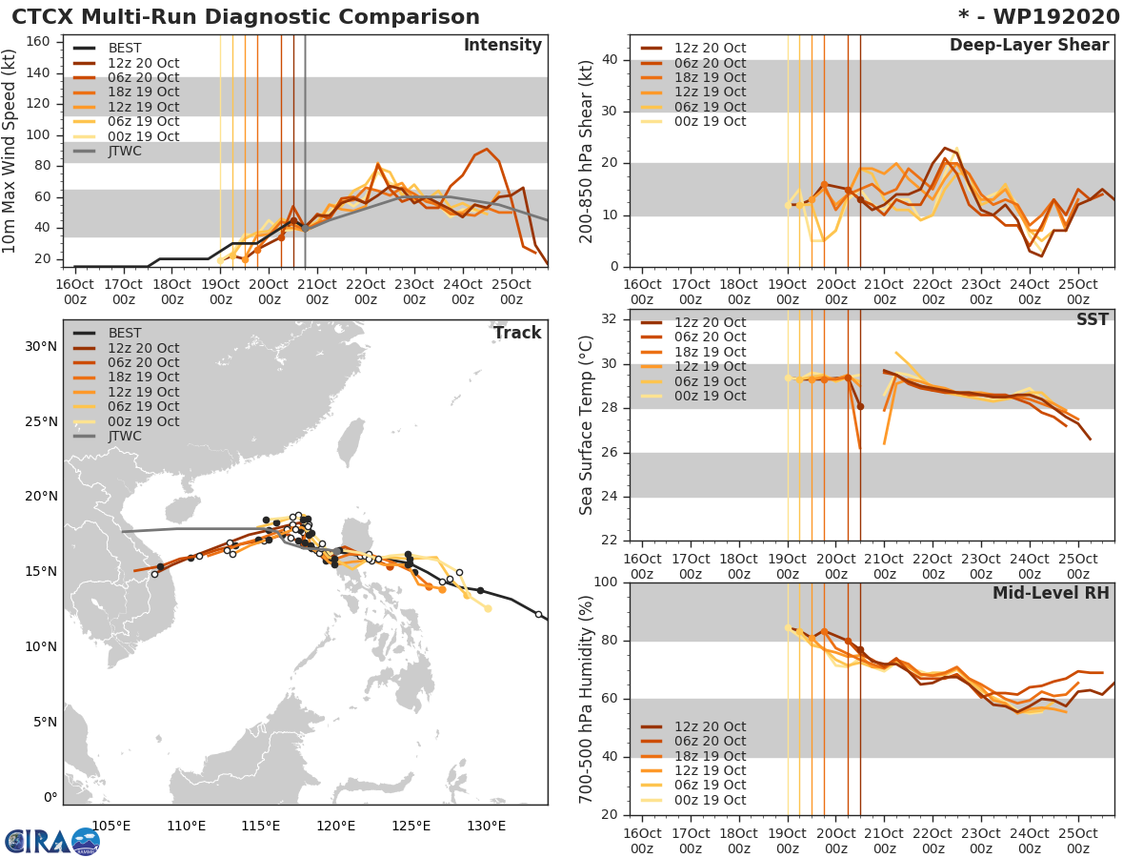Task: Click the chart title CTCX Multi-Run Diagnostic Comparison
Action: pyautogui.click(x=246, y=17)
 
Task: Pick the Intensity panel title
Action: pyautogui.click(x=502, y=46)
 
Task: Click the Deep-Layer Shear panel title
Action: pyautogui.click(x=1029, y=46)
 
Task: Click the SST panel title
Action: pyautogui.click(x=1093, y=319)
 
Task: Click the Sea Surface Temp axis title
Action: pyautogui.click(x=587, y=424)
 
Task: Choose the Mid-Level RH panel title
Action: pyautogui.click(x=1051, y=594)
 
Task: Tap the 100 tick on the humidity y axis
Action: pyautogui.click(x=608, y=582)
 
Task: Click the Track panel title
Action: pyautogui.click(x=516, y=333)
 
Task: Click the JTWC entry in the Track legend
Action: pyautogui.click(x=125, y=437)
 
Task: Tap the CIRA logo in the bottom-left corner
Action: pyautogui.click(x=52, y=841)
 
